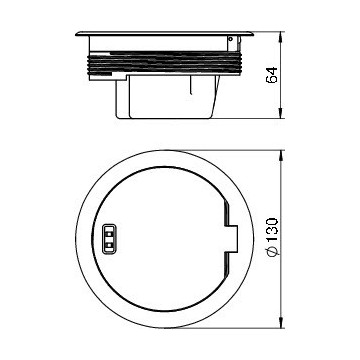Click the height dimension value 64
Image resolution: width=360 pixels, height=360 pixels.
[272, 75]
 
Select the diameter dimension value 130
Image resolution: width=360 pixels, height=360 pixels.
[272, 231]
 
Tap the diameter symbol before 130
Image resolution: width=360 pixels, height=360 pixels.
[272, 252]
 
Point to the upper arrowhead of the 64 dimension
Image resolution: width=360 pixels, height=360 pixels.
[281, 36]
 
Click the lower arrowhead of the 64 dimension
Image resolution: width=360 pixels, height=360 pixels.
[281, 114]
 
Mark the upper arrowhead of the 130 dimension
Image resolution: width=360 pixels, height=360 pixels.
[281, 155]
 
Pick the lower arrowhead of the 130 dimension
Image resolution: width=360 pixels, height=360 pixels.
[281, 323]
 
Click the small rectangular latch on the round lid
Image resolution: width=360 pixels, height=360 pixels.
[109, 239]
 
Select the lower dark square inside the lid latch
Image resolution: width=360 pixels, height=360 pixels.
[109, 245]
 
